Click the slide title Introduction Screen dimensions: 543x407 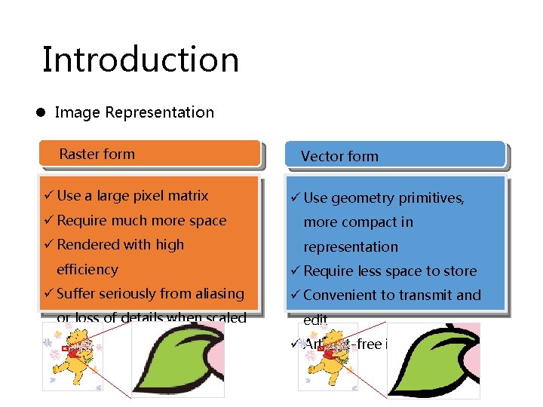(140, 60)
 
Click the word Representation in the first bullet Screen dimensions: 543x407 (160, 113)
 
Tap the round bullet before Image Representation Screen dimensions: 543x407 (43, 113)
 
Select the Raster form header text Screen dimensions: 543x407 (97, 155)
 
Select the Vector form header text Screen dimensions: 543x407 (339, 157)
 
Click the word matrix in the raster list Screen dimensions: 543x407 (189, 196)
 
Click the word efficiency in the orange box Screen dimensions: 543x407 (87, 270)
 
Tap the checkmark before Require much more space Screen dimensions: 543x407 (49, 221)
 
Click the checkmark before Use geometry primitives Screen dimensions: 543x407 (296, 198)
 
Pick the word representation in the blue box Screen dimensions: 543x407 (351, 247)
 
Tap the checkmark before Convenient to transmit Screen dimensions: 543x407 (296, 295)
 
